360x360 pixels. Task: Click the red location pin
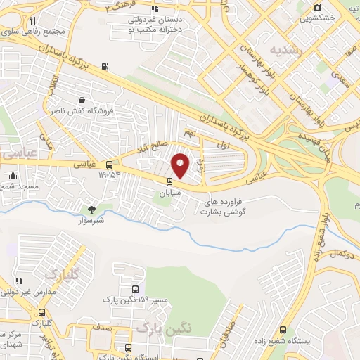[181, 165]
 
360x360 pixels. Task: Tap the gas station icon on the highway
[105, 67]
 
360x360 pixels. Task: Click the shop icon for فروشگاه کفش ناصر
[84, 101]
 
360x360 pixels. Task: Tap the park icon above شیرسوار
[91, 209]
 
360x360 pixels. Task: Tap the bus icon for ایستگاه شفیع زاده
[283, 328]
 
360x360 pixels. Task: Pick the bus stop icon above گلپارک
[42, 313]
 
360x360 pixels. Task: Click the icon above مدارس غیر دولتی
[19, 281]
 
